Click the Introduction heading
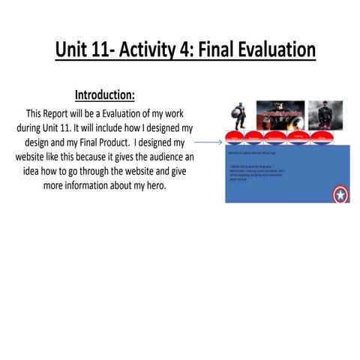click(104, 95)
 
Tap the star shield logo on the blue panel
click(340, 195)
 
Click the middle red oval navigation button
click(277, 137)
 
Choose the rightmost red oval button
click(319, 137)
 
